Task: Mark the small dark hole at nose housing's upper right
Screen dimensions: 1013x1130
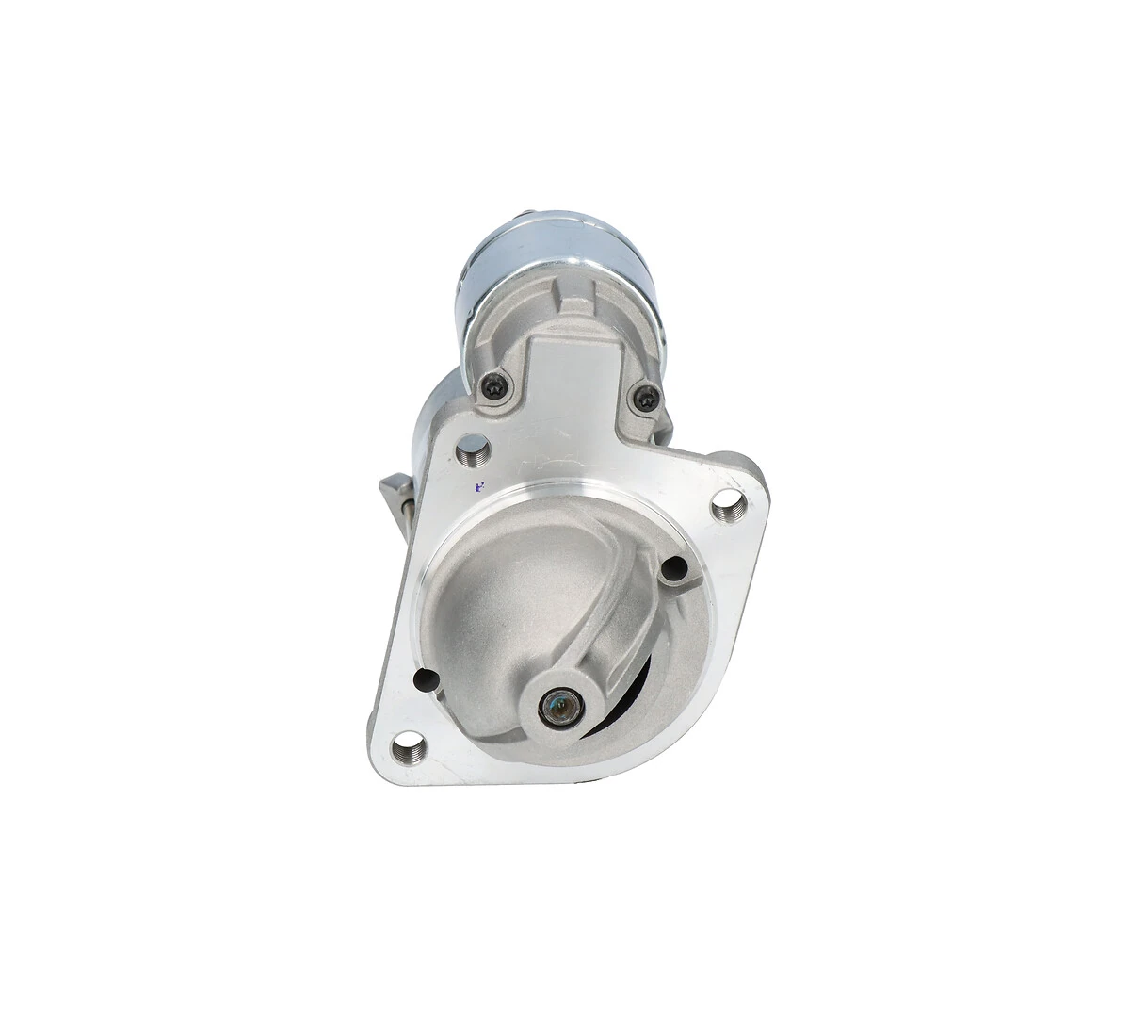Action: (673, 568)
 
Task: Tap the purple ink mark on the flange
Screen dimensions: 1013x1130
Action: (480, 486)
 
